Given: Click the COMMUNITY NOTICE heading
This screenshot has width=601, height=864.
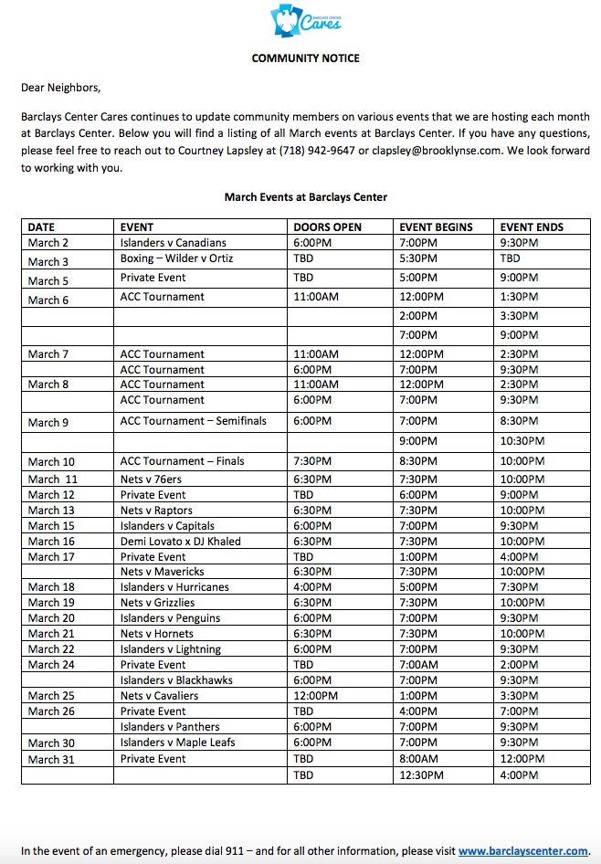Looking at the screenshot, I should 306,58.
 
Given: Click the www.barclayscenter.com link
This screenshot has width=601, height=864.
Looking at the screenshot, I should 523,851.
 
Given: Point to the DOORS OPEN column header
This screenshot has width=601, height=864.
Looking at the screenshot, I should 327,227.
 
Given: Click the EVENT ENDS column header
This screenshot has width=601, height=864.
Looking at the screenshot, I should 532,227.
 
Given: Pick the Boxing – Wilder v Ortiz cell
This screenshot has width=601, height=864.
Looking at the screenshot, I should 176,258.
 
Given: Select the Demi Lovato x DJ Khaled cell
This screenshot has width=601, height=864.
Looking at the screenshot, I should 180,542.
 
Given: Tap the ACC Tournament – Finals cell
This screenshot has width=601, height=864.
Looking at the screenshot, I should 182,461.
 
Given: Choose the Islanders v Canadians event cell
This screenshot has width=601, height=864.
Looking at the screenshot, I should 173,243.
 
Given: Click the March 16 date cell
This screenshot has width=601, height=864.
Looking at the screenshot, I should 51,542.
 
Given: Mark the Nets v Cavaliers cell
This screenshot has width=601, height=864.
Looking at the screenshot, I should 159,696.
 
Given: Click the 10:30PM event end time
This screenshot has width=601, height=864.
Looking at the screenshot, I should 522,441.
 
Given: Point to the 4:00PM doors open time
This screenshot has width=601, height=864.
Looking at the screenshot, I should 312,587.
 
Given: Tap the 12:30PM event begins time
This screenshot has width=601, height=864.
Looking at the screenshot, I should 422,775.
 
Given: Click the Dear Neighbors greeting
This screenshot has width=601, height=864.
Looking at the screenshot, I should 61,89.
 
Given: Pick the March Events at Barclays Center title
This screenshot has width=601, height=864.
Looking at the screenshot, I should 306,196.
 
